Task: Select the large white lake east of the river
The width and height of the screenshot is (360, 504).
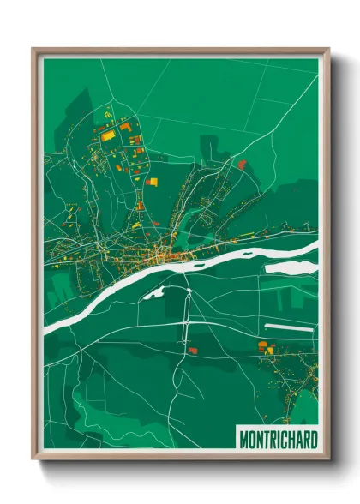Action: click(x=291, y=267)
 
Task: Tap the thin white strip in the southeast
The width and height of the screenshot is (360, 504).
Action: click(x=290, y=327)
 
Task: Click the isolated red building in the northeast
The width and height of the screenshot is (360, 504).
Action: click(x=242, y=164)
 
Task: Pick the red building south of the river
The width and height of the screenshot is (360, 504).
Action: click(x=191, y=350)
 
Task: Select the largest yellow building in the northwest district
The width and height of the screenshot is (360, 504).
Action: click(x=107, y=134)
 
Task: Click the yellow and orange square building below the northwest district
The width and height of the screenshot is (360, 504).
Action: click(x=152, y=181)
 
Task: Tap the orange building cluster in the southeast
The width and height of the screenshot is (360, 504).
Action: click(x=265, y=346)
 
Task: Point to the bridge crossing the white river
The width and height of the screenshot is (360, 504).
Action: click(x=186, y=267)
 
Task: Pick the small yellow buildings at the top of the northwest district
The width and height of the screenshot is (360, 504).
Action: click(x=108, y=112)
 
